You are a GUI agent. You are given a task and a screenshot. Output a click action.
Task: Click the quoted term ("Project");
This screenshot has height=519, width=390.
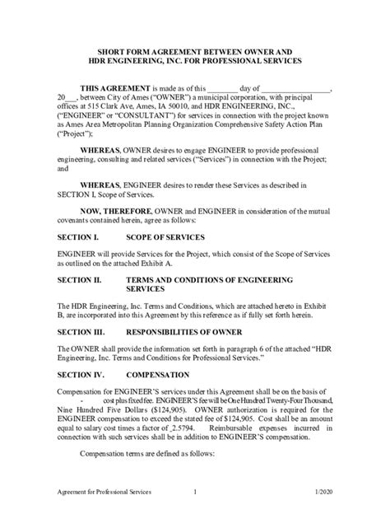75,132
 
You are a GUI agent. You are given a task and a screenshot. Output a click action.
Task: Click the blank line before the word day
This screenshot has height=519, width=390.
224,88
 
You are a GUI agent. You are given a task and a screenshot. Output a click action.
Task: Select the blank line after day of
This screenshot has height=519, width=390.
297,88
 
